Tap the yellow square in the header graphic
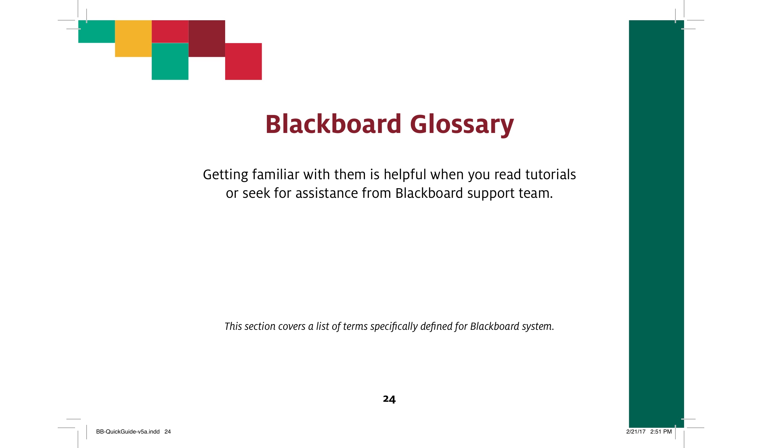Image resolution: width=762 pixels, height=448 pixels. [x=133, y=39]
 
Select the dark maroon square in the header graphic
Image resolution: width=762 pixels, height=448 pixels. [x=207, y=39]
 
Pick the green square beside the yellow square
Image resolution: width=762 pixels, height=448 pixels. [x=97, y=31]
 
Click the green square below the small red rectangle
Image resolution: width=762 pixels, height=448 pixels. [x=170, y=61]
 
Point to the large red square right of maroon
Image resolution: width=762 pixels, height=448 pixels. [x=243, y=61]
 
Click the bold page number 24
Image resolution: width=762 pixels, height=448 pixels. [x=389, y=399]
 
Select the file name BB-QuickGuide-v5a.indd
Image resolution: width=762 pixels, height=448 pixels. [x=128, y=432]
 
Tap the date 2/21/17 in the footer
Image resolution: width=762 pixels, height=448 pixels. [x=636, y=432]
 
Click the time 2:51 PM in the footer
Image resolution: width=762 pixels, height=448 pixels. [x=661, y=432]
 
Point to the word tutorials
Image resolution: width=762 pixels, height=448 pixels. [x=550, y=174]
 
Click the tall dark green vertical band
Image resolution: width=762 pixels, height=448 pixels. [x=656, y=224]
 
